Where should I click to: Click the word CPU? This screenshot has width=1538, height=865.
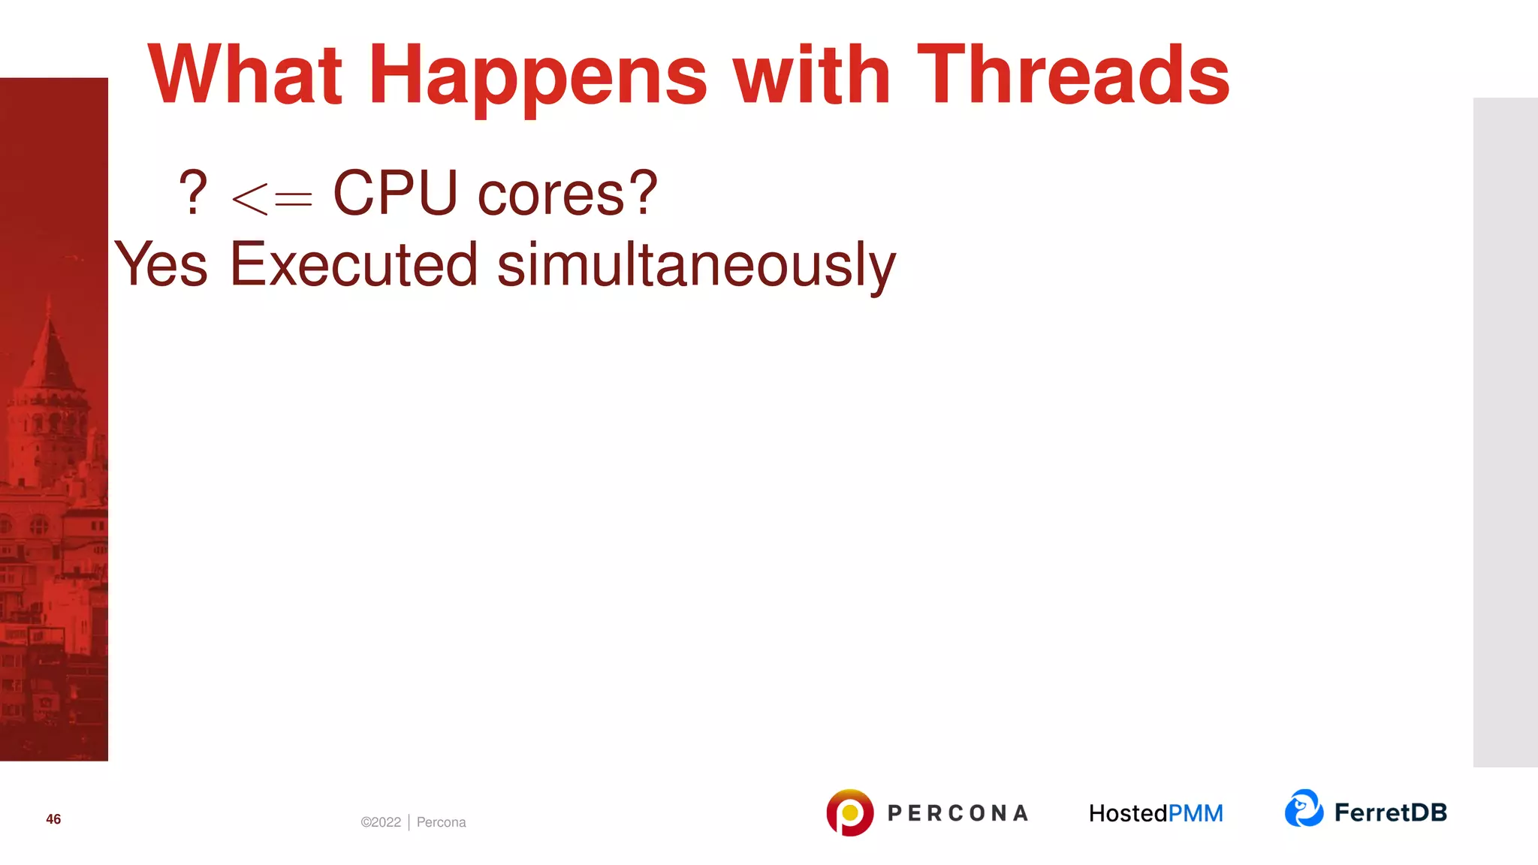tap(395, 193)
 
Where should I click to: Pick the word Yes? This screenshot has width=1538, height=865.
tap(161, 264)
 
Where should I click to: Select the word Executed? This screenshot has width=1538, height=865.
tap(354, 264)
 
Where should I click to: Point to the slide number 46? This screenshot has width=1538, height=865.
tap(53, 819)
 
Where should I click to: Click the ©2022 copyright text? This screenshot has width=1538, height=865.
tap(381, 822)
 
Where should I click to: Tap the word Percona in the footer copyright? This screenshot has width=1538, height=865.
tap(441, 822)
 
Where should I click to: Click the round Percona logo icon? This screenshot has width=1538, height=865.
tap(849, 812)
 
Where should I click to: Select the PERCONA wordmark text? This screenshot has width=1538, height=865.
tap(957, 813)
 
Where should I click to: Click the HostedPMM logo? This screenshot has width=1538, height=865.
tap(1156, 813)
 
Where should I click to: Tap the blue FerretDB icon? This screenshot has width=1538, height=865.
tap(1304, 809)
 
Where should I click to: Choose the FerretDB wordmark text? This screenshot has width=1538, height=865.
tap(1390, 812)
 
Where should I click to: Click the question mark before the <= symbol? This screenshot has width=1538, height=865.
tap(193, 193)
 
